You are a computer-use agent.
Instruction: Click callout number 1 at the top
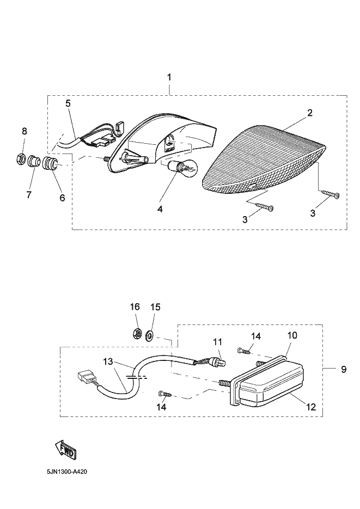tap(169, 77)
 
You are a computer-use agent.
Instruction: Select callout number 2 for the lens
tap(309, 113)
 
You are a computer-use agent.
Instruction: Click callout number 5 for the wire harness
tap(68, 102)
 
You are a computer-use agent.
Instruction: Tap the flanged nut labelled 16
tap(137, 334)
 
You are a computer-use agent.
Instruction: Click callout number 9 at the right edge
tap(344, 369)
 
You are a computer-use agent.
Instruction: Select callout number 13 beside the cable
tap(108, 361)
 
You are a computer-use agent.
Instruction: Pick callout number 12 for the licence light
tap(310, 406)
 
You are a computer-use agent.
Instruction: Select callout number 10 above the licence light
tap(292, 335)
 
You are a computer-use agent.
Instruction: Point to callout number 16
tap(135, 307)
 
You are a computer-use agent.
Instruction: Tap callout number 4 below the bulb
tap(160, 208)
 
